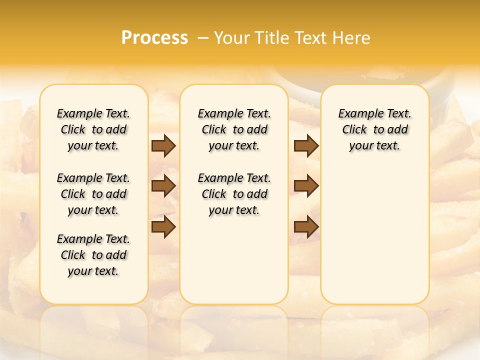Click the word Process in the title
click(154, 38)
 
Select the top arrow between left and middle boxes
click(163, 145)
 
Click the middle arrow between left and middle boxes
click(163, 186)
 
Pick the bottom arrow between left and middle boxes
click(163, 227)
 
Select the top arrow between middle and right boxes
click(306, 145)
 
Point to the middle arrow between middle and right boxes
click(306, 186)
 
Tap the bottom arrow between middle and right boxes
click(306, 227)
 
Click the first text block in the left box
click(93, 129)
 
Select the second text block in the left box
click(93, 194)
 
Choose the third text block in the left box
click(93, 255)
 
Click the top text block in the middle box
click(234, 129)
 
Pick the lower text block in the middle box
click(234, 194)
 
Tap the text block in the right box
click(375, 129)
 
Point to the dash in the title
click(202, 38)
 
